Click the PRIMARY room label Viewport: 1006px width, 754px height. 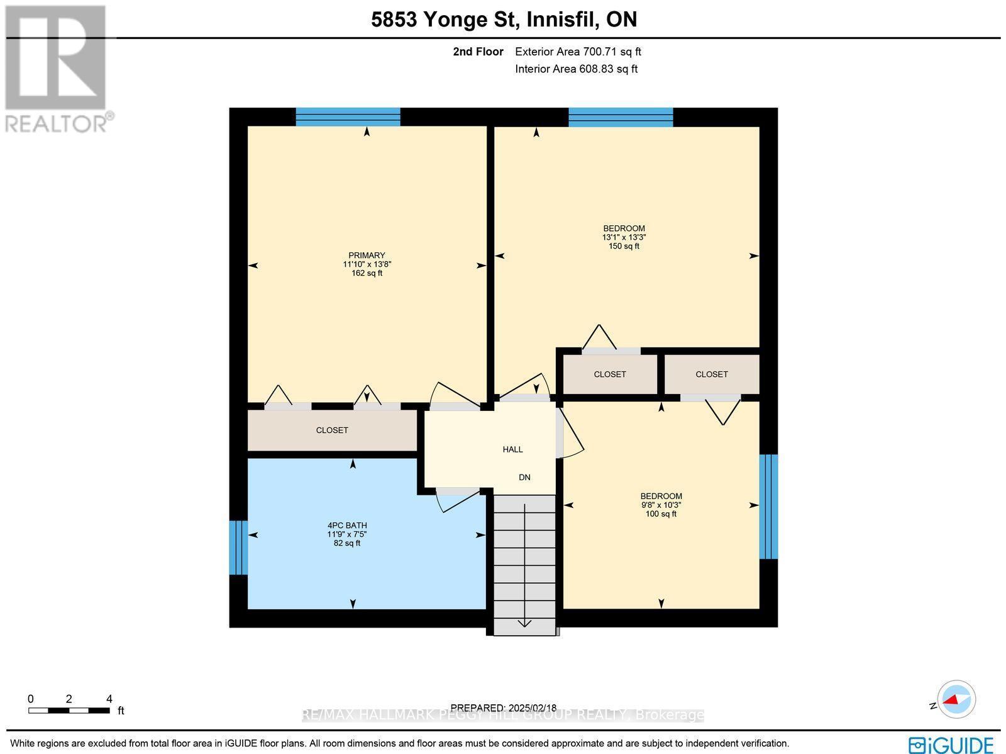point(367,255)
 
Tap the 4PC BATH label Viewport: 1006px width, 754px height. point(347,525)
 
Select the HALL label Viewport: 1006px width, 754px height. point(512,449)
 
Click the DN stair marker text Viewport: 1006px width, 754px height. point(524,477)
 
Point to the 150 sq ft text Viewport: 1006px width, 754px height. point(624,246)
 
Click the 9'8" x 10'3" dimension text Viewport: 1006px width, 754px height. point(661,505)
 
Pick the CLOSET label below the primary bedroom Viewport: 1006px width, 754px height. point(332,430)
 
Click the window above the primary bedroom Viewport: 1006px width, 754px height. point(348,117)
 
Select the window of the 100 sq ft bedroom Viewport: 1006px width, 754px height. point(768,507)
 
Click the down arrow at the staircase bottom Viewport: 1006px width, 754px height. point(524,623)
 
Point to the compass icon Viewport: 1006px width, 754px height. point(956,699)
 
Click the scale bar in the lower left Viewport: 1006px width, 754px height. point(69,711)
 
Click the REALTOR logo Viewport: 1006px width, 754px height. point(58,69)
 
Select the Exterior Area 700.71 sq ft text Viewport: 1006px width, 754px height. point(578,52)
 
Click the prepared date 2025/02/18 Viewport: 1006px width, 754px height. point(504,707)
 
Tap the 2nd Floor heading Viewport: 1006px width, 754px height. point(478,52)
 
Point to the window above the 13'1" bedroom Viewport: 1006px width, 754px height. point(621,117)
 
